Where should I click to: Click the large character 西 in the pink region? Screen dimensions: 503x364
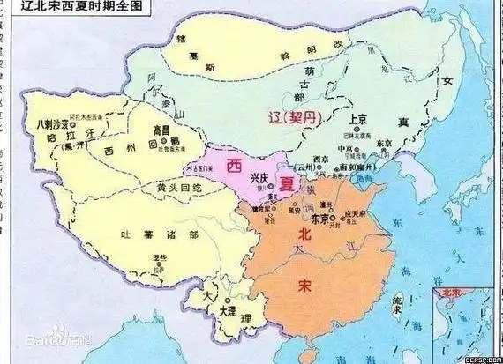tap(234, 163)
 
